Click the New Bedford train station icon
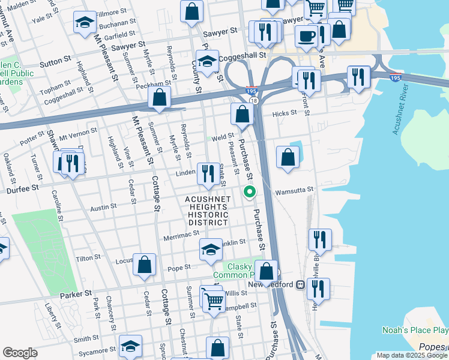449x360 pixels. (x=300, y=285)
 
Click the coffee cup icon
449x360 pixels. (x=306, y=36)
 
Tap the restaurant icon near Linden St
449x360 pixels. (x=208, y=173)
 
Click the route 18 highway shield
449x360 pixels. (x=255, y=101)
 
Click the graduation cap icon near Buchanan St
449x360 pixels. (x=85, y=23)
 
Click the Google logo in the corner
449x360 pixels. (x=20, y=352)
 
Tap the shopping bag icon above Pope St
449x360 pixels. (x=145, y=265)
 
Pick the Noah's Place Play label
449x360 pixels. (x=415, y=330)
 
